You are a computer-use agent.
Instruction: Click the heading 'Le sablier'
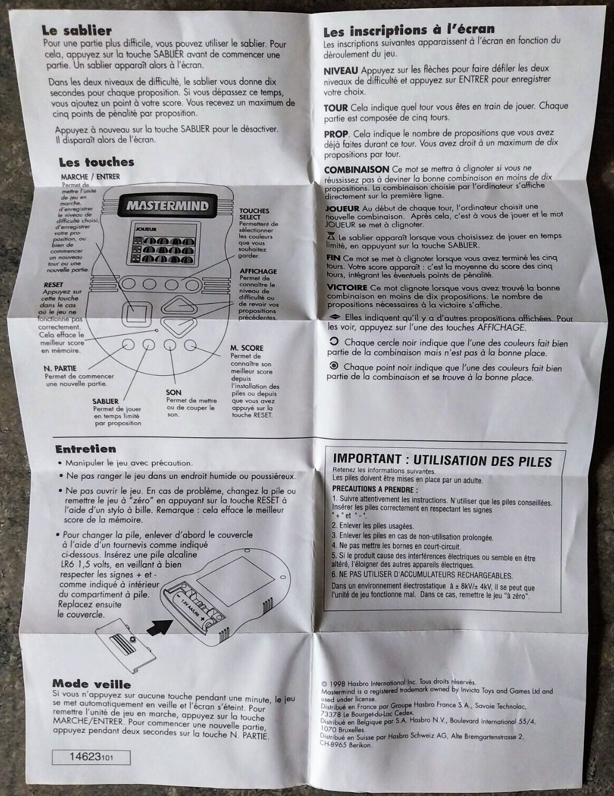coord(77,31)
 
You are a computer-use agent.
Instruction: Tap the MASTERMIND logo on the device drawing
coord(167,205)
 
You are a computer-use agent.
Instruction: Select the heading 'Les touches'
coord(96,162)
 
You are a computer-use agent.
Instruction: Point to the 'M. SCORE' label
coord(247,348)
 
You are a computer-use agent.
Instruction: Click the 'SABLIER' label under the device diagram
coord(106,401)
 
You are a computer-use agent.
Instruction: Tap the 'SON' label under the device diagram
coord(174,392)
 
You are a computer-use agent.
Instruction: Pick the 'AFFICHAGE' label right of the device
coord(258,272)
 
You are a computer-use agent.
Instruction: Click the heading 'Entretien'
coord(85,449)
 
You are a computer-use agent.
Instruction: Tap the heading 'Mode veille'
coord(92,683)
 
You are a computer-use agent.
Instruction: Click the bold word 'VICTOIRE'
coord(347,287)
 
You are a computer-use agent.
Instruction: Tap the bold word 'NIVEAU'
coord(341,70)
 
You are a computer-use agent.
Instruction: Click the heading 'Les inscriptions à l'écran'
coord(409,30)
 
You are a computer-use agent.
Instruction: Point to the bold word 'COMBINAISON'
coord(356,169)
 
